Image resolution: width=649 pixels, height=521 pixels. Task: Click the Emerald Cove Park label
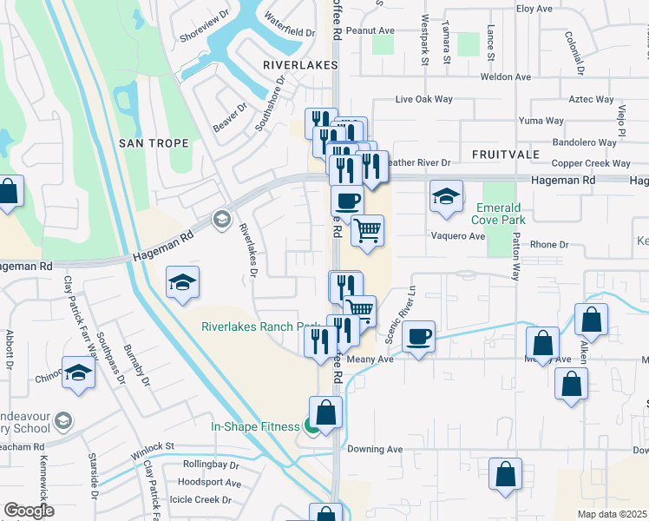click(x=498, y=214)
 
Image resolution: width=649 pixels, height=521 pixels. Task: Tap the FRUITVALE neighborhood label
click(x=506, y=154)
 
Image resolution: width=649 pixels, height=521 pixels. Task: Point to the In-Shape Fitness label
click(x=256, y=426)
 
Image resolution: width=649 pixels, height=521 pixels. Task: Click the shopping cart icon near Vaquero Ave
click(x=367, y=230)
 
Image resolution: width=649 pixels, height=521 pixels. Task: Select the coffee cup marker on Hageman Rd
click(x=347, y=200)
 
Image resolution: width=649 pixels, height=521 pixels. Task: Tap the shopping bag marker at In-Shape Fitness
click(x=325, y=412)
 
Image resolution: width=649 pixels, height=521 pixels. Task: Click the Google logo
click(x=29, y=511)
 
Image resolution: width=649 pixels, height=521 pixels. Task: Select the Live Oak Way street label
click(x=424, y=100)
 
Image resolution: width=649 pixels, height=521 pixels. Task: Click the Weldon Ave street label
click(x=505, y=77)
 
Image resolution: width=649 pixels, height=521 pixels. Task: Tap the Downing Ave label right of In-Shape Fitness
click(x=376, y=450)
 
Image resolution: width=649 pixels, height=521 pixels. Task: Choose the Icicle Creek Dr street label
click(x=202, y=500)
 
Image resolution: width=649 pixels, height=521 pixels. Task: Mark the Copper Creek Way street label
click(x=591, y=163)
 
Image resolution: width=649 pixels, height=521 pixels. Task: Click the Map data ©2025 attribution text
click(x=613, y=514)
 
